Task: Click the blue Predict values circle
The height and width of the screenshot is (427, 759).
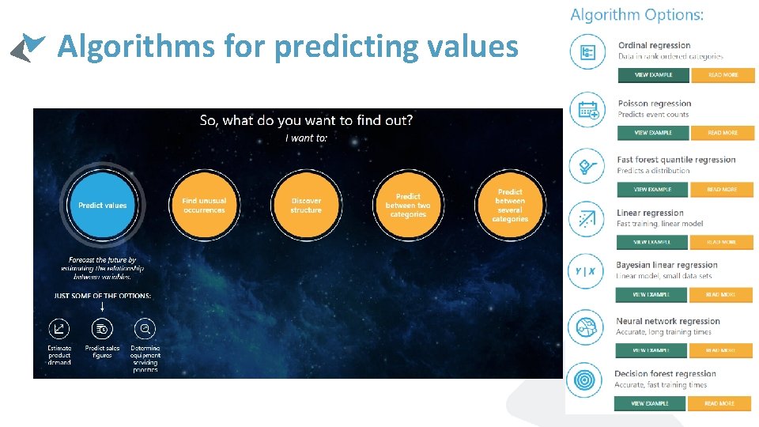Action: point(102,205)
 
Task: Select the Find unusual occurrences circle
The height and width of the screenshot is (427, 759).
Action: point(204,205)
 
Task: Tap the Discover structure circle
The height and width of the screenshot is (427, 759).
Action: point(306,205)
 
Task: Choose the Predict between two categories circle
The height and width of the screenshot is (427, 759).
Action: point(408,205)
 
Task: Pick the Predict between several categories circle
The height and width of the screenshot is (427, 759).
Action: point(510,205)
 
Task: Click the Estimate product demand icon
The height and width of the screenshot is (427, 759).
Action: point(59,329)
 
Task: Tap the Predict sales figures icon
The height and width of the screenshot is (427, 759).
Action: point(102,329)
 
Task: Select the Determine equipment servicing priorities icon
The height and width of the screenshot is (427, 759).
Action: point(145,329)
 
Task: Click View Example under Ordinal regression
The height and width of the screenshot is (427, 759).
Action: point(653,75)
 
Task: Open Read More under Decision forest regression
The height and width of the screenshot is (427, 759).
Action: point(719,403)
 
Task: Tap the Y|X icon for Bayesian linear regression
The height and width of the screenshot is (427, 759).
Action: point(586,271)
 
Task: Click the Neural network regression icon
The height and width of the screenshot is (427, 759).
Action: point(586,327)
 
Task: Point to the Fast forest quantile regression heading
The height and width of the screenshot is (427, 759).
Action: point(676,160)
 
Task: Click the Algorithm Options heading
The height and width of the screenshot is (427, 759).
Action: point(636,15)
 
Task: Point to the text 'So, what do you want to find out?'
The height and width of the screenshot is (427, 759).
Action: point(306,121)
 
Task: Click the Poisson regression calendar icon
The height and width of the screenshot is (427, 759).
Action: point(587,109)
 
